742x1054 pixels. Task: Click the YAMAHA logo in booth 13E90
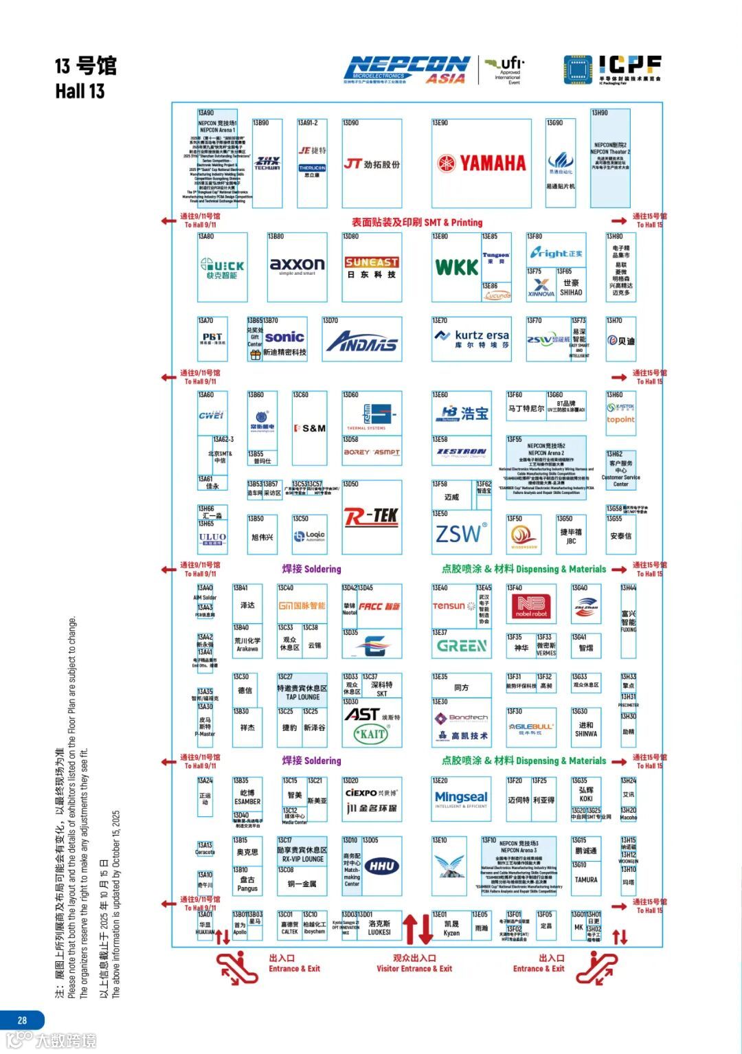[x=482, y=164]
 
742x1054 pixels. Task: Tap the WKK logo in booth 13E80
[x=457, y=267]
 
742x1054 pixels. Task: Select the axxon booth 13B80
[x=297, y=267]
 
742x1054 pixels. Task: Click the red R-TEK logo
[x=371, y=516]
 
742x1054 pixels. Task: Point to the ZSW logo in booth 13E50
[x=461, y=534]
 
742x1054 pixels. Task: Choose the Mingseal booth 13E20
[x=461, y=798]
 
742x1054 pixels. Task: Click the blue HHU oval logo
[x=382, y=866]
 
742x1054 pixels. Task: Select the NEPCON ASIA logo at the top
[x=407, y=69]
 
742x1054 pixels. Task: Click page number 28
[x=22, y=1020]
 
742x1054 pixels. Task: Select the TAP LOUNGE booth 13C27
[x=302, y=693]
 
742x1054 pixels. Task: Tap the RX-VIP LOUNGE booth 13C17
[x=302, y=854]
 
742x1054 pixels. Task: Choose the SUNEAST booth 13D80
[x=372, y=267]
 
